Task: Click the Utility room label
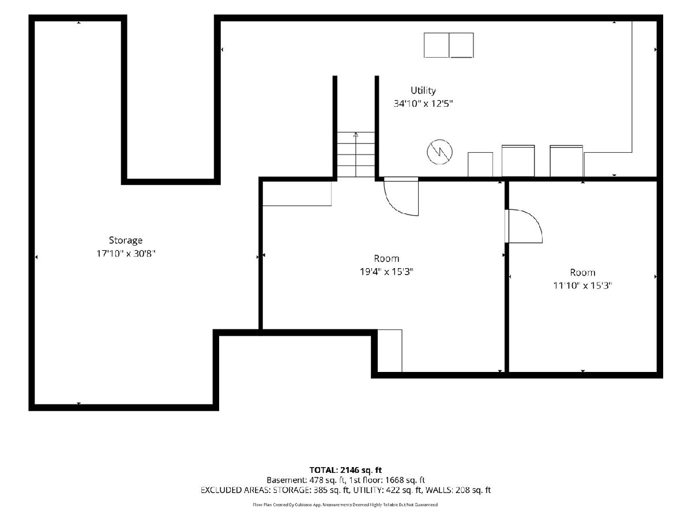[x=423, y=91]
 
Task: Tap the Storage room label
[x=126, y=240]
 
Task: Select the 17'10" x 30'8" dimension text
[x=126, y=254]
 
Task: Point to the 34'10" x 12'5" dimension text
[x=423, y=104]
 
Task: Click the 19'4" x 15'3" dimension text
[x=386, y=272]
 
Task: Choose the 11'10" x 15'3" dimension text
[x=582, y=285]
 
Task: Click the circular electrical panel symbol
[x=439, y=152]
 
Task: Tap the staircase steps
[x=356, y=155]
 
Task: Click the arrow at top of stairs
[x=356, y=134]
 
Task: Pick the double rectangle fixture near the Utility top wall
[x=449, y=45]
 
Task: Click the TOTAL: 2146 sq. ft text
[x=345, y=470]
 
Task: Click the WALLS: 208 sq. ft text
[x=458, y=490]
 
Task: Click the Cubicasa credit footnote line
[x=345, y=505]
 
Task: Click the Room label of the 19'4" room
[x=386, y=259]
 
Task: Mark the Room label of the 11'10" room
[x=582, y=273]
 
